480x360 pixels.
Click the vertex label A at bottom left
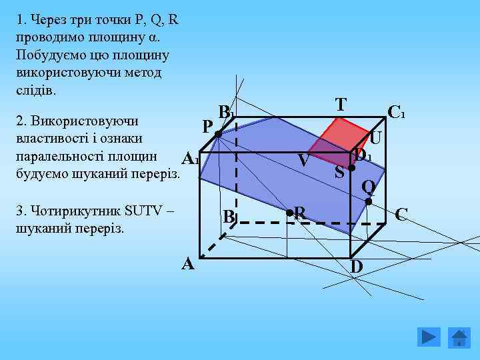(x=189, y=265)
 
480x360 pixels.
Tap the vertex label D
(x=357, y=267)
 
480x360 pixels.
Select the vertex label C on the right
(x=401, y=215)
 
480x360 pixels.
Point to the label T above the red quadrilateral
(x=341, y=105)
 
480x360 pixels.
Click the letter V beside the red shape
(x=303, y=161)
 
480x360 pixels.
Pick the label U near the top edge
(x=375, y=138)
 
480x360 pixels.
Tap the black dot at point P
(x=219, y=135)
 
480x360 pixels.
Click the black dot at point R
(x=290, y=214)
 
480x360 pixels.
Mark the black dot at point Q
(x=367, y=201)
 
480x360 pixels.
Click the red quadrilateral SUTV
(x=337, y=141)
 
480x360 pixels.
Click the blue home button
(x=459, y=337)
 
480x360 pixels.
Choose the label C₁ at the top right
(x=397, y=112)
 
